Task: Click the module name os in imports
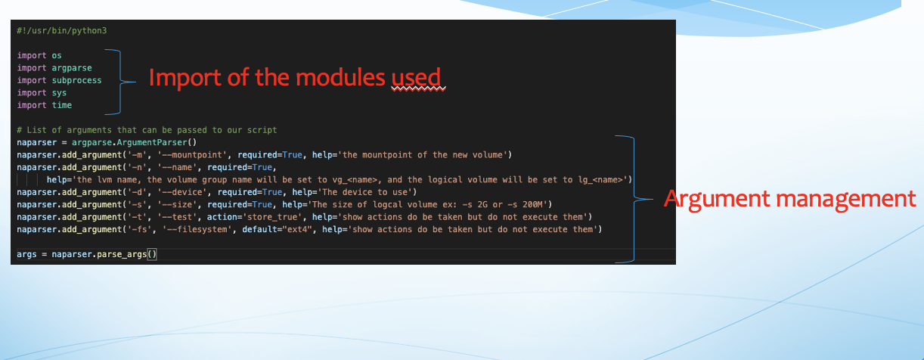click(x=56, y=55)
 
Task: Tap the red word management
click(x=851, y=199)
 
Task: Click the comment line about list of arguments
click(x=147, y=130)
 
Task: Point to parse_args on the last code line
click(x=121, y=255)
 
